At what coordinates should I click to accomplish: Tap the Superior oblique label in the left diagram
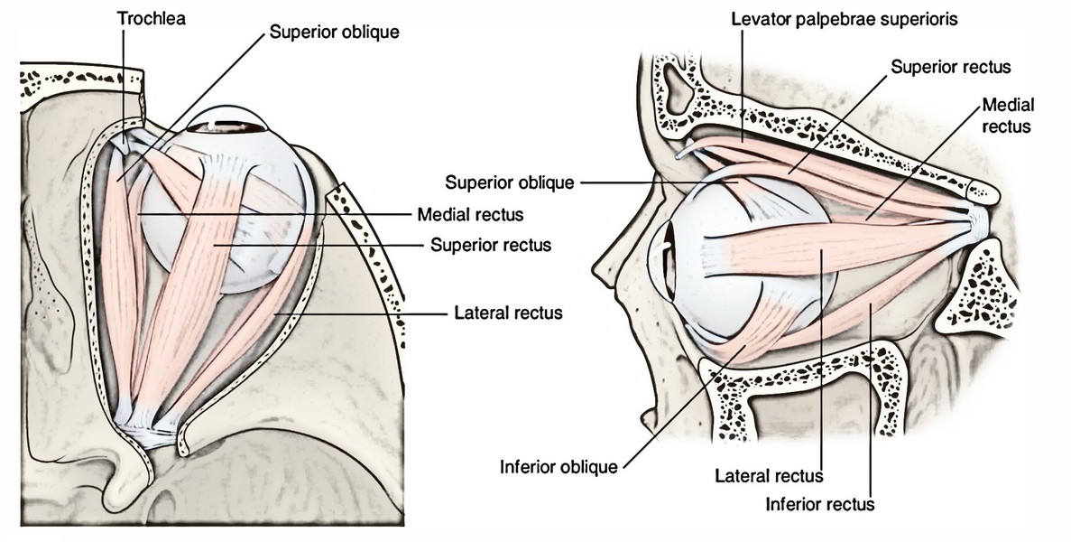click(335, 33)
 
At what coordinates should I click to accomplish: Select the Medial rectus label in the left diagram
click(470, 215)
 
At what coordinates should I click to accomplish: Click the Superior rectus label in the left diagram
click(490, 245)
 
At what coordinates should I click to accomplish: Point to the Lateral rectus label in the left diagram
click(509, 313)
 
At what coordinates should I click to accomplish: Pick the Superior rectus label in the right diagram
click(951, 67)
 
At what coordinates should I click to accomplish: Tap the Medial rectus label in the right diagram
click(1007, 115)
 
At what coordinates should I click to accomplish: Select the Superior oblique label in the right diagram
click(509, 182)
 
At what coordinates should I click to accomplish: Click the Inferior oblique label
click(558, 467)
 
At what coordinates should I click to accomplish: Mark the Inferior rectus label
click(818, 503)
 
